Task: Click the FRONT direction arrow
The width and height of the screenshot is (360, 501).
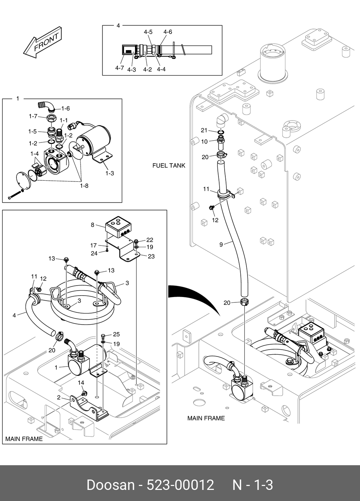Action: (x=43, y=43)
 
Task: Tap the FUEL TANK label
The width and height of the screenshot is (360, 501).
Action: (x=169, y=165)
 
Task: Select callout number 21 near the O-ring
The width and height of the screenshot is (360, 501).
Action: (x=204, y=130)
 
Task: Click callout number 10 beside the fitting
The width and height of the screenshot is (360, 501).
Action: (x=205, y=142)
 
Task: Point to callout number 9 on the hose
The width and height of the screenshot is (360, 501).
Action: (x=221, y=245)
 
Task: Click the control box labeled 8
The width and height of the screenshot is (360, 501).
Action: (x=118, y=227)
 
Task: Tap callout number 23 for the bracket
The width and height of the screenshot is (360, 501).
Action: (x=151, y=256)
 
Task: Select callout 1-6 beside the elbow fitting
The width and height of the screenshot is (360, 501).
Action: (x=66, y=108)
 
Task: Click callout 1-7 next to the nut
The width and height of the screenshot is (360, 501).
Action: (x=33, y=116)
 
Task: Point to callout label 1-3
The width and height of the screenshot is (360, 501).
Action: (x=110, y=173)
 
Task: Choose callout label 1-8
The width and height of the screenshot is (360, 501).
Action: (x=85, y=186)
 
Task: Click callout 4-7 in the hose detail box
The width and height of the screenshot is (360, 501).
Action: (x=120, y=68)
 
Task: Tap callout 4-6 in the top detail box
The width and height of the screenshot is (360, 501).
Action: (x=168, y=32)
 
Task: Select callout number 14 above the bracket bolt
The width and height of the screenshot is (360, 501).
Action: (x=81, y=383)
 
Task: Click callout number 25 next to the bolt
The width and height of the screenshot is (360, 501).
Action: (x=116, y=334)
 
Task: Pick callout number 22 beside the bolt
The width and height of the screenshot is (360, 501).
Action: (x=150, y=240)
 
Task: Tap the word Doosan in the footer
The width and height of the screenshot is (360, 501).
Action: (x=111, y=485)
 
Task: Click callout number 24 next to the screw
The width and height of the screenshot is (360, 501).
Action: (x=94, y=253)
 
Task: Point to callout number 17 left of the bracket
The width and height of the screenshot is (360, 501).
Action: (x=93, y=245)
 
